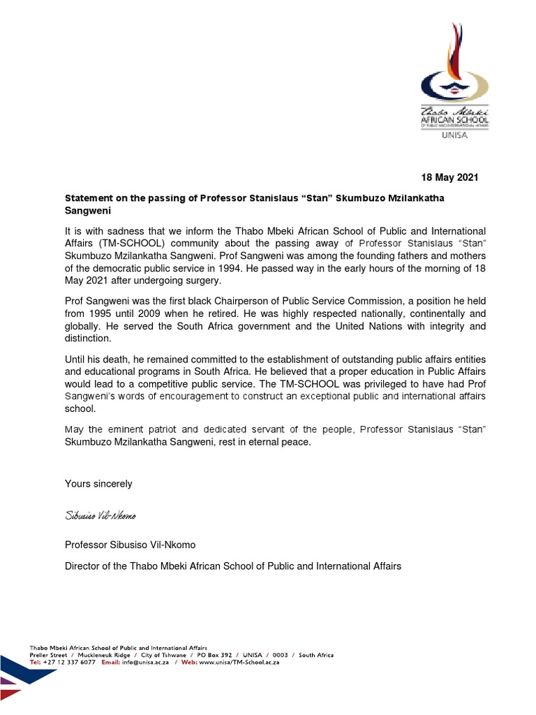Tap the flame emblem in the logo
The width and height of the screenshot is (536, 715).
[x=455, y=64]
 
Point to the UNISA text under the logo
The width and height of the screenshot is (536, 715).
[x=455, y=135]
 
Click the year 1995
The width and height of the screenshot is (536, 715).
[x=99, y=314]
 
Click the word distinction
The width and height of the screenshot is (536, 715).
[x=87, y=339]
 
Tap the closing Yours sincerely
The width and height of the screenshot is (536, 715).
[x=98, y=483]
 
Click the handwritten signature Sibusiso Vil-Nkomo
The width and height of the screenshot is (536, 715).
[x=100, y=515]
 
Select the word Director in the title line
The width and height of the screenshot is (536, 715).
[x=83, y=566]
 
